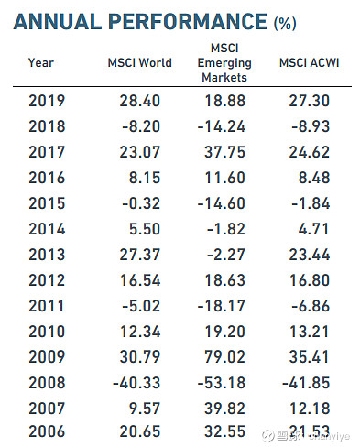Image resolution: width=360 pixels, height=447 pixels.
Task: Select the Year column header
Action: tap(41, 63)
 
